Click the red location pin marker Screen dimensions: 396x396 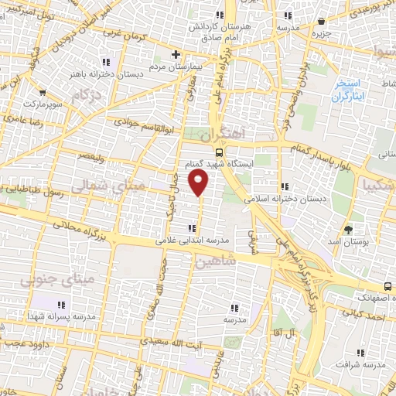(200, 183)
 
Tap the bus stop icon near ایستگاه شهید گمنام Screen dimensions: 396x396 (219, 152)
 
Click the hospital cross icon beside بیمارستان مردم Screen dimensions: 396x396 (176, 55)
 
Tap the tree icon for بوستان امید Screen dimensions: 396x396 (349, 229)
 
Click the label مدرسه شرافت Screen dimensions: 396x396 (364, 364)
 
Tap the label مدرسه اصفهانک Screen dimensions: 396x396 (370, 296)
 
